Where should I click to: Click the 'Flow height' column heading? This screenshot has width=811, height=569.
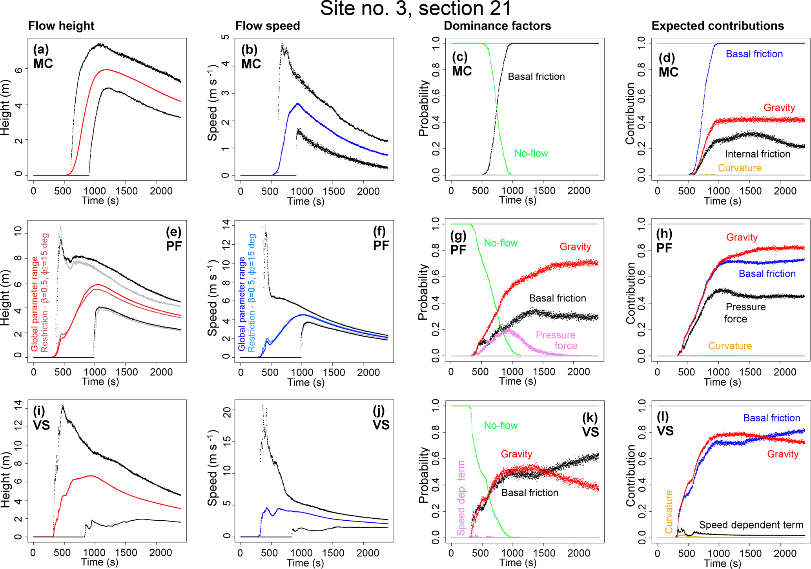tap(61, 26)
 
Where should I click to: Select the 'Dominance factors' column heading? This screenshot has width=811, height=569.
tap(497, 26)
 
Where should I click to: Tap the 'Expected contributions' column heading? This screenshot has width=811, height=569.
tap(718, 26)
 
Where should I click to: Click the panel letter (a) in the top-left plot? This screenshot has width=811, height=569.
tap(41, 49)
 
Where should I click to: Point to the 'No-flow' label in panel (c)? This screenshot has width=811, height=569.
tap(531, 154)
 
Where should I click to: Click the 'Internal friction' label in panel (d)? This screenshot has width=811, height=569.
tap(757, 154)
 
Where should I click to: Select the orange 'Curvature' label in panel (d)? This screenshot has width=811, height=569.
tap(739, 168)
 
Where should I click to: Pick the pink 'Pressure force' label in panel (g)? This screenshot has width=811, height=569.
tap(556, 340)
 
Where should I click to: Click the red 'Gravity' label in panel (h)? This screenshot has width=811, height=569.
tap(742, 237)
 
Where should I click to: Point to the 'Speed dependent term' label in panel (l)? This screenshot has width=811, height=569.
tap(751, 525)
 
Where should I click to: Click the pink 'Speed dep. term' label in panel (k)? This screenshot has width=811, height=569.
tap(461, 498)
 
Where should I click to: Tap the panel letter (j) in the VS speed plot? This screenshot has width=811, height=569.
tap(381, 411)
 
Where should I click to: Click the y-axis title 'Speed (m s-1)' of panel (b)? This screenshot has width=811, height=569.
tap(212, 103)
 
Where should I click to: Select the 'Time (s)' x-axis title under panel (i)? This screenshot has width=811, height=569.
tap(100, 562)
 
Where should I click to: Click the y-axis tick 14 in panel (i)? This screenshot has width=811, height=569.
tap(18, 408)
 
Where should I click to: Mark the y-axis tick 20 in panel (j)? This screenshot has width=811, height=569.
tap(226, 410)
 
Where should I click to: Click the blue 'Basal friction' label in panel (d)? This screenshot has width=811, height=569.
tap(754, 54)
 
